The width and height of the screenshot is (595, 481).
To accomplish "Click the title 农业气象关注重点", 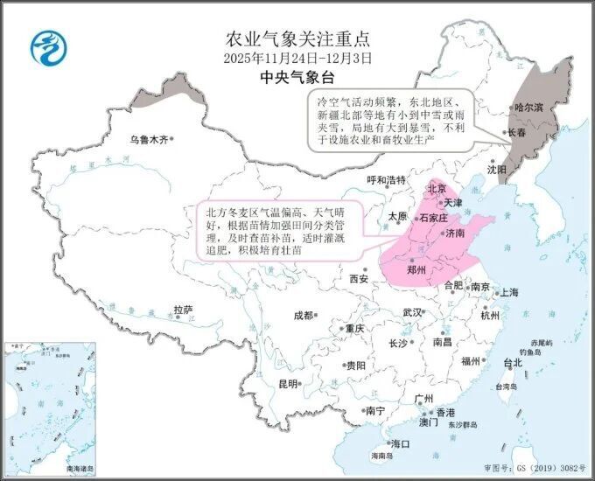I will [297, 38].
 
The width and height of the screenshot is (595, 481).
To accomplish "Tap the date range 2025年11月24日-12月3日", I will [297, 58].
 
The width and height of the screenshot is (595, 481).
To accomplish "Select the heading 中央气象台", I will [297, 77].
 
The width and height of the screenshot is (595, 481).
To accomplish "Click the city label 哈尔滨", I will [528, 108].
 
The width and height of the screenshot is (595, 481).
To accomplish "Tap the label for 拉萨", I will [182, 309].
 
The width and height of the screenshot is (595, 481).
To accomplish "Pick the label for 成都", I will [303, 315].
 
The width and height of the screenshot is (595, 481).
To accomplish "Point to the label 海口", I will [401, 443].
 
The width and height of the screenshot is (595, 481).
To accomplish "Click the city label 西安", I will [359, 279].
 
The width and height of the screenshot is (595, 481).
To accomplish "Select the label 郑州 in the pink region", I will [416, 270].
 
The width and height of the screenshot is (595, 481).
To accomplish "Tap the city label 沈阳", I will [497, 169].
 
